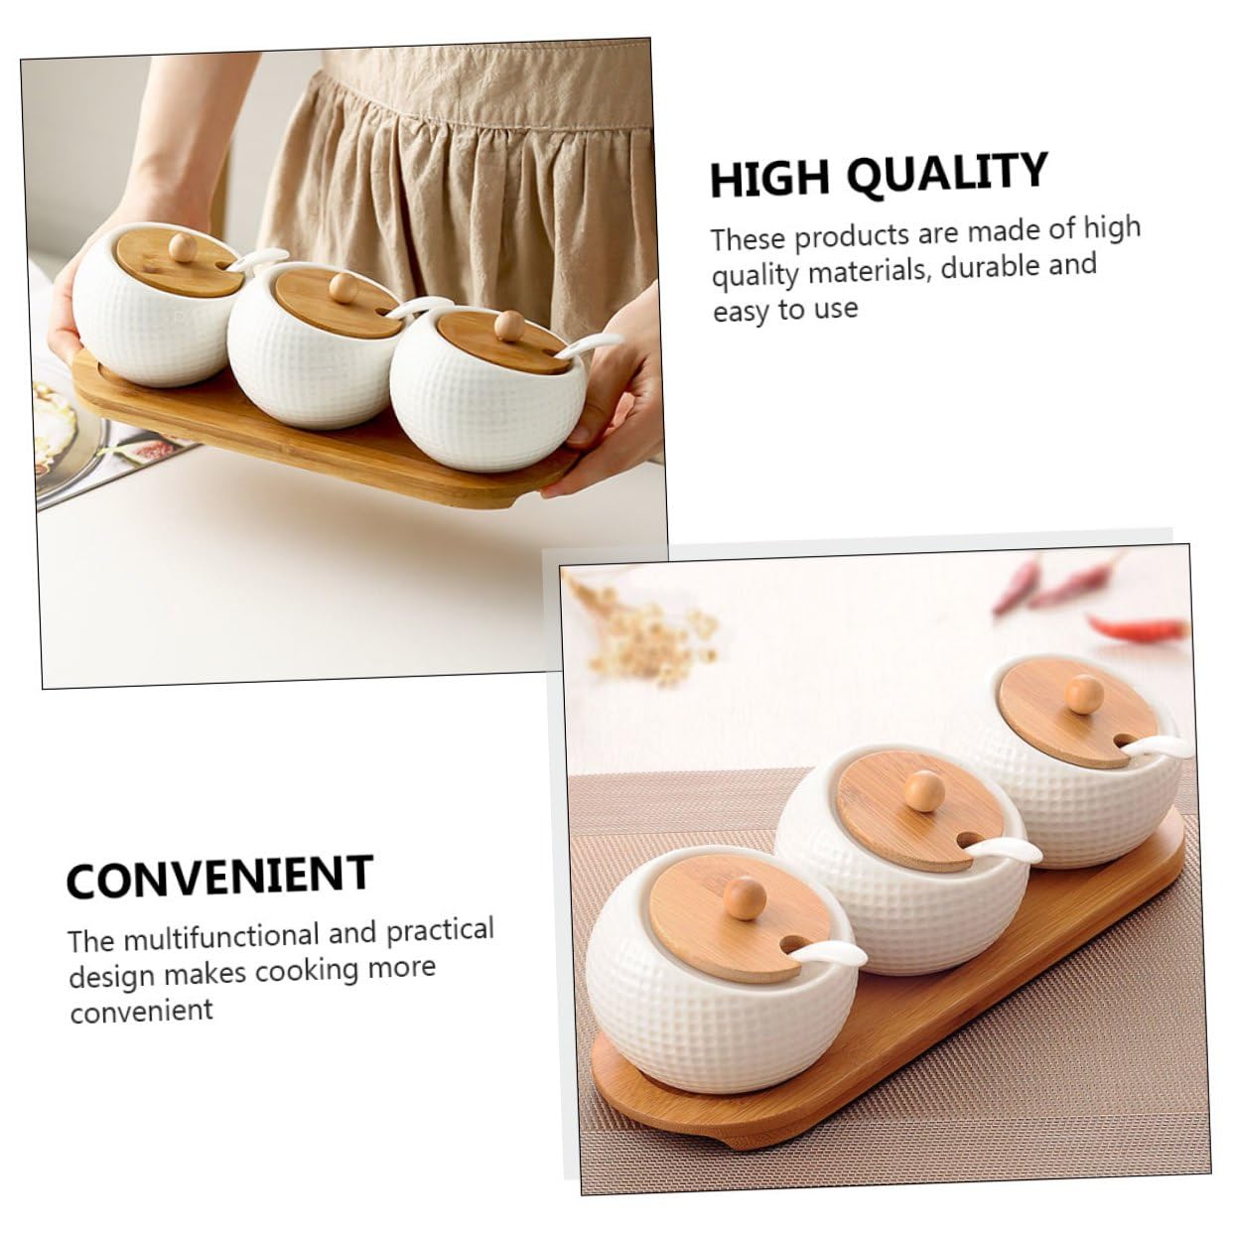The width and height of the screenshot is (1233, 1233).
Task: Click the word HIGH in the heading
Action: [769, 179]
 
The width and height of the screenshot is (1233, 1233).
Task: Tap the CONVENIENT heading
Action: [219, 876]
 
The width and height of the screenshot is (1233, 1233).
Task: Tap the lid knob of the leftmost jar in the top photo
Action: [183, 247]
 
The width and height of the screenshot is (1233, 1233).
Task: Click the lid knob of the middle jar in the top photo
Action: [342, 287]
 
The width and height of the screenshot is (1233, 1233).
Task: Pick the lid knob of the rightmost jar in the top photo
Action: [509, 326]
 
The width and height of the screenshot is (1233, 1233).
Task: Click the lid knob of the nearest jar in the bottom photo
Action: [744, 897]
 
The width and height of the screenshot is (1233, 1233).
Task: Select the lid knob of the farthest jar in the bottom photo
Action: [1084, 694]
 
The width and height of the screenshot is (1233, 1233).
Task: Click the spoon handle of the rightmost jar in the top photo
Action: [588, 344]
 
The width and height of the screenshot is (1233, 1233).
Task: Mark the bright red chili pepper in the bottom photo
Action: [1137, 627]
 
